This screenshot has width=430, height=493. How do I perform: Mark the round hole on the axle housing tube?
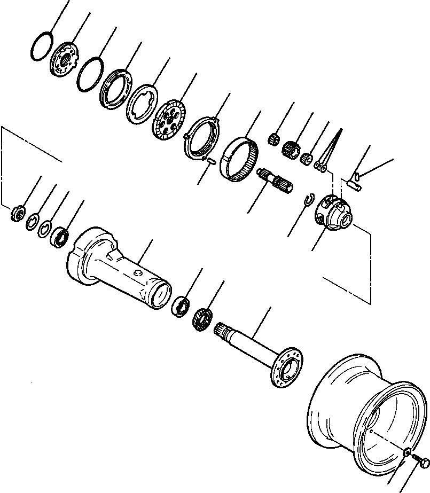click(138, 274)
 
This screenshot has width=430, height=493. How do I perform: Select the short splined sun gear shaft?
click(275, 181)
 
